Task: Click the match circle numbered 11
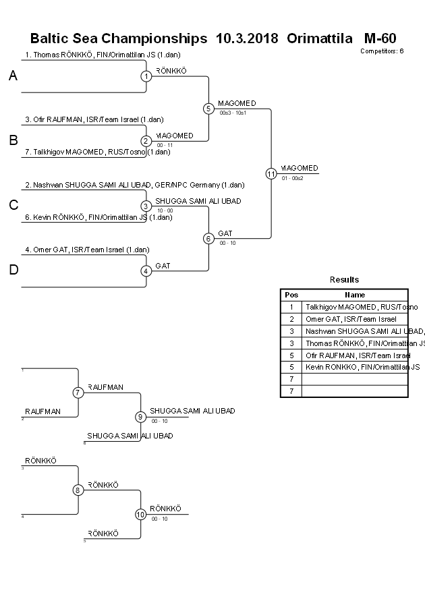[271, 173]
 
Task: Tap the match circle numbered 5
[208, 108]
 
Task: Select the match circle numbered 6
[208, 238]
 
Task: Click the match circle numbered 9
[140, 417]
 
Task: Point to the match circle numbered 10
[140, 515]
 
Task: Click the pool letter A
[13, 76]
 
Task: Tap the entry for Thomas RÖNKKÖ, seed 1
[103, 55]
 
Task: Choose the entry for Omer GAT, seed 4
[87, 250]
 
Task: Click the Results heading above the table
[344, 280]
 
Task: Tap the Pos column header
[291, 295]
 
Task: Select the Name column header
[355, 295]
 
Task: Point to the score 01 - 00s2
[293, 178]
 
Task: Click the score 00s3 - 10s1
[233, 113]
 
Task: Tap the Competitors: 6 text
[382, 51]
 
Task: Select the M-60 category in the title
[380, 38]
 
